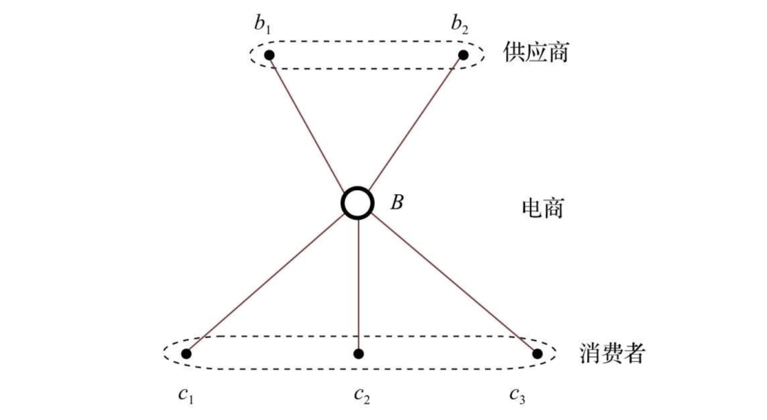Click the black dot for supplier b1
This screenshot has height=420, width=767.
269,55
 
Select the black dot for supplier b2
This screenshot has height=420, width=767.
463,55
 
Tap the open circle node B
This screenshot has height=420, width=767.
357,203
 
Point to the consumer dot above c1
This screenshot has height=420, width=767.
186,353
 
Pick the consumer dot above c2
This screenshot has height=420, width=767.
359,353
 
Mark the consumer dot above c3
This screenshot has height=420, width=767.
538,353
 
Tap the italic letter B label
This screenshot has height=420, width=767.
397,203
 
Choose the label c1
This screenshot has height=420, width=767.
185,394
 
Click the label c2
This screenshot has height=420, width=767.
361,394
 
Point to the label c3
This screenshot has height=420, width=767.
517,394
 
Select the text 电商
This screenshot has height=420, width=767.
542,208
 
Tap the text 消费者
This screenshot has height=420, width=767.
612,353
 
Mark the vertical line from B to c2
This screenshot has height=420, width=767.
359,284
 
